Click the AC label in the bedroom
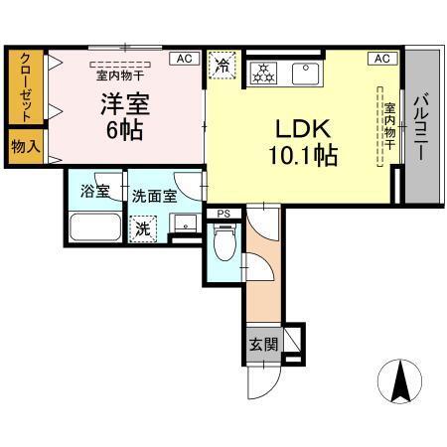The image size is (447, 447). point(183,59)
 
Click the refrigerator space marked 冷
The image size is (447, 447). point(223,67)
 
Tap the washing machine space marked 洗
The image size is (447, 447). point(144,227)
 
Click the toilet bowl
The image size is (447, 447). point(223,242)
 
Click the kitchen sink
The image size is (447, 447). point(302,73)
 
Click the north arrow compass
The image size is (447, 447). point(402,379)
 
